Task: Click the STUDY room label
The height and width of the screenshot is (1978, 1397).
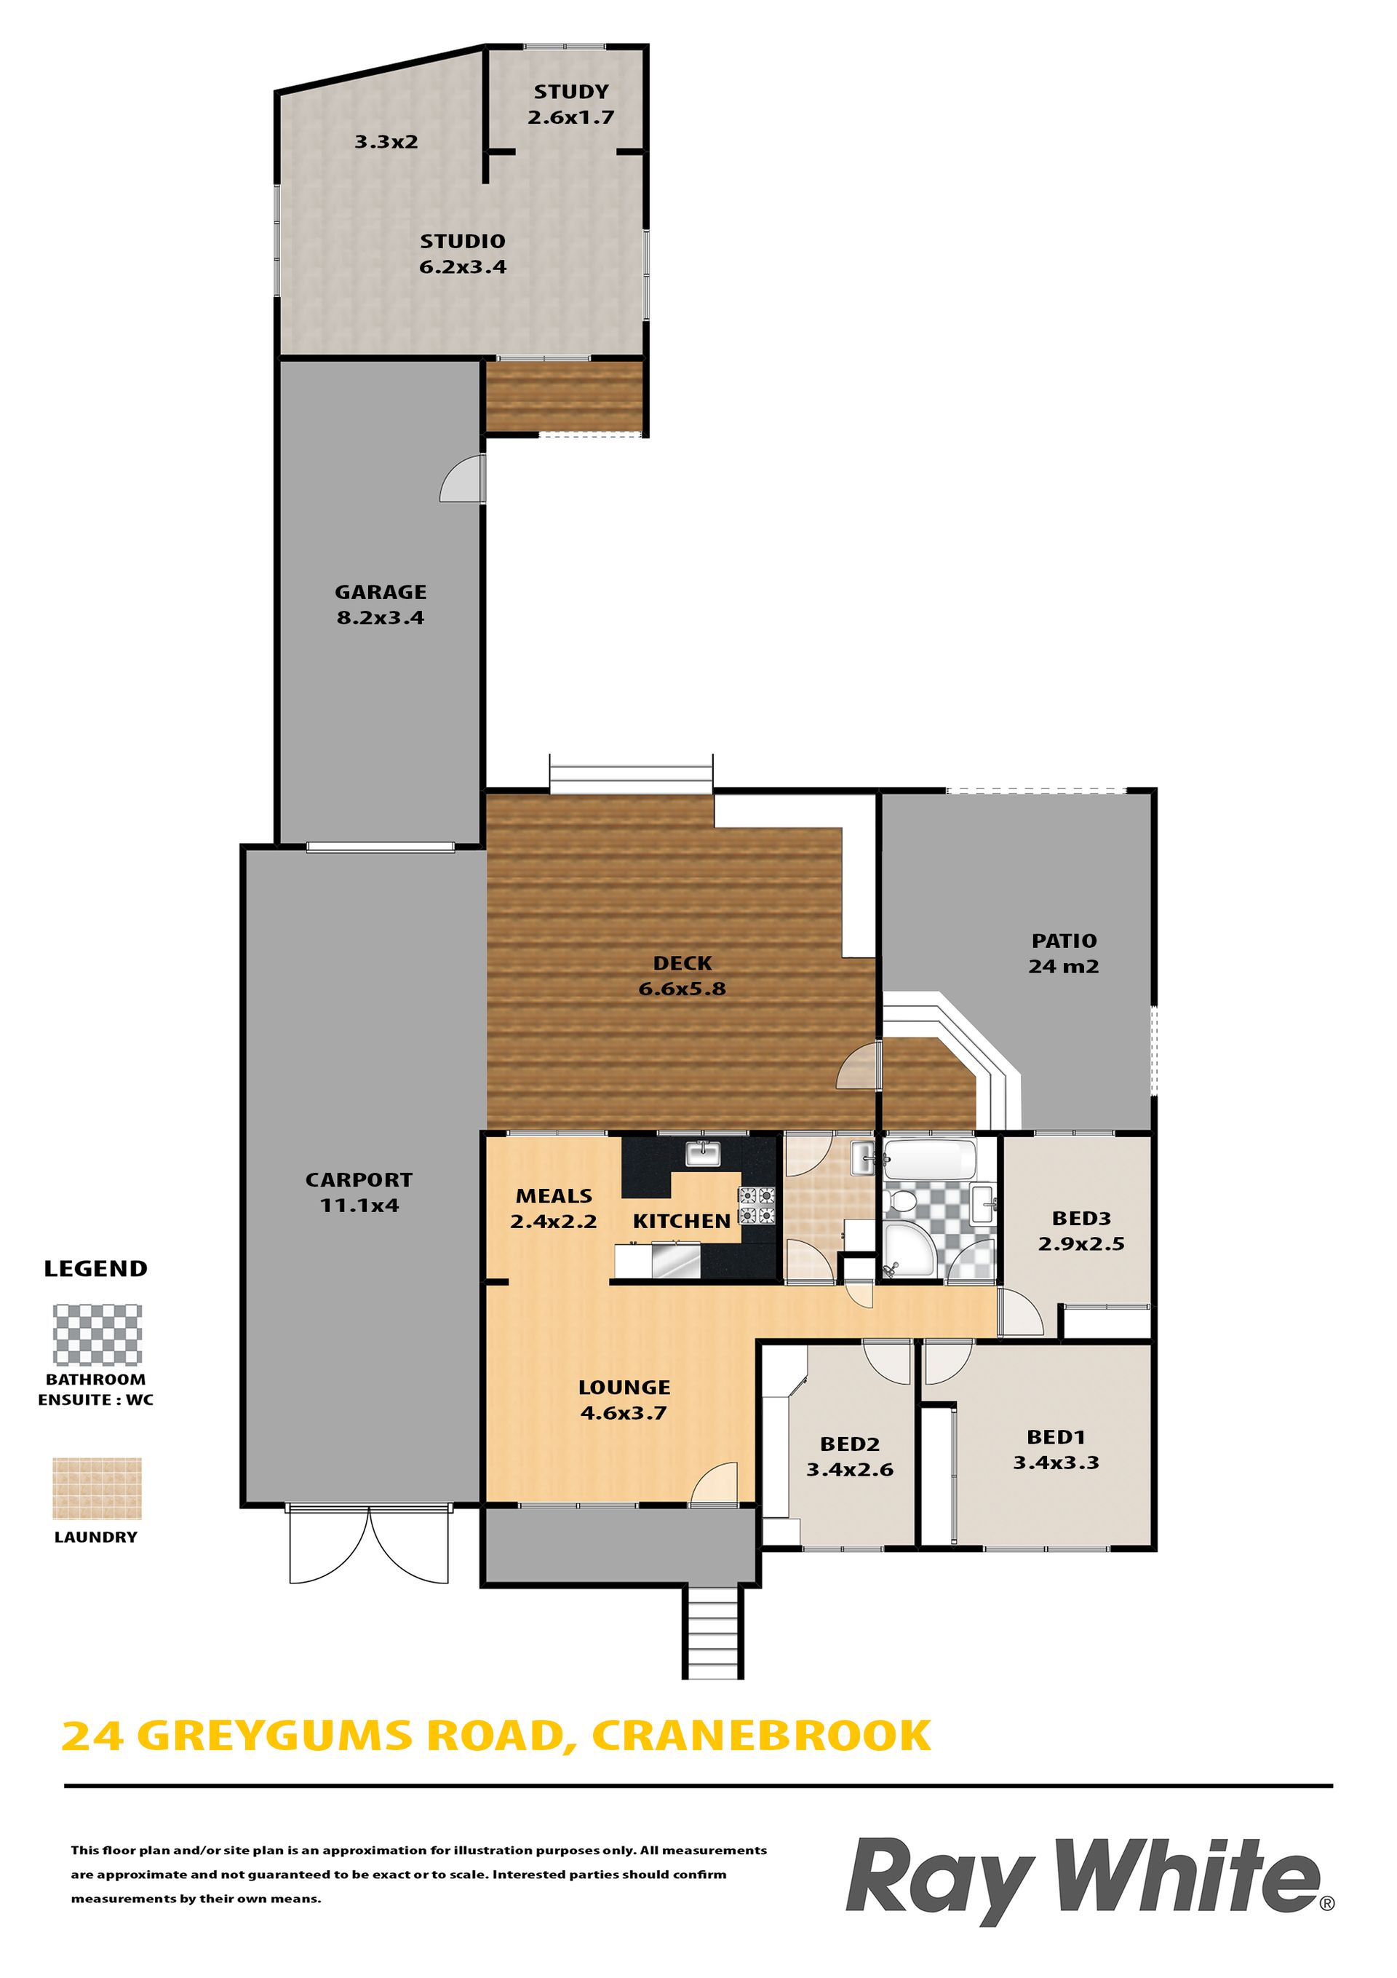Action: [x=571, y=91]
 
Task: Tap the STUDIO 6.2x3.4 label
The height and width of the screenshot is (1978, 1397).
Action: [x=463, y=254]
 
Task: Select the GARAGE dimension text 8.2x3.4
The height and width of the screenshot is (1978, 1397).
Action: [x=381, y=617]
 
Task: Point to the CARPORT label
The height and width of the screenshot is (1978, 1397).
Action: [x=359, y=1179]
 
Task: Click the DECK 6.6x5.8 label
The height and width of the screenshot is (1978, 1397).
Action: [x=682, y=976]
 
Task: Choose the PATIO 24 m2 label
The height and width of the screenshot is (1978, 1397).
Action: [x=1064, y=954]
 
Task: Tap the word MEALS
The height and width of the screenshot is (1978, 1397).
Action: [x=554, y=1196]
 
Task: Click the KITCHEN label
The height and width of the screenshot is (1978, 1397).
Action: [x=681, y=1221]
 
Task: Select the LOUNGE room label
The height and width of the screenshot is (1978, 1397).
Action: [x=624, y=1387]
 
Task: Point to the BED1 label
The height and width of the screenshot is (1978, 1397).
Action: [x=1056, y=1437]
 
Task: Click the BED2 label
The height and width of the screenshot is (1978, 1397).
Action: [x=850, y=1444]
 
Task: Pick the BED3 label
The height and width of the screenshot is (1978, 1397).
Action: [x=1082, y=1218]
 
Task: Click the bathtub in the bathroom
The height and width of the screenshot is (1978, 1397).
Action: [x=930, y=1160]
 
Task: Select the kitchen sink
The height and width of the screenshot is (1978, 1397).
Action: [x=704, y=1152]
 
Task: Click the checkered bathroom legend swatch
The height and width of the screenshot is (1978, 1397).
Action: [x=97, y=1334]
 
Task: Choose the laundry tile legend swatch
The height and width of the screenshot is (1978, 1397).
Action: [x=97, y=1489]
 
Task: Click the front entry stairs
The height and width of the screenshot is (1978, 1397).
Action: [x=713, y=1631]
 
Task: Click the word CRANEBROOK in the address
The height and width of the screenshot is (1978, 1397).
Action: [x=761, y=1736]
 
